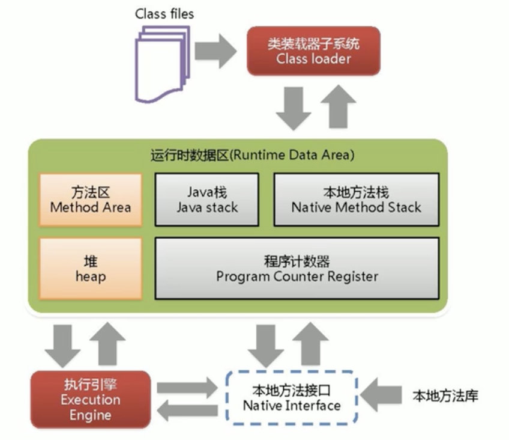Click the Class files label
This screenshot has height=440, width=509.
click(164, 13)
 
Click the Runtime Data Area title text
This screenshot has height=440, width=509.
click(252, 154)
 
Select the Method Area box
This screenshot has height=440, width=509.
click(91, 200)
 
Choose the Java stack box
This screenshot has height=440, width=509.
click(206, 200)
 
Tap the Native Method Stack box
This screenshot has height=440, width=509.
click(356, 200)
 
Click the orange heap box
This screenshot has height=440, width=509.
click(91, 269)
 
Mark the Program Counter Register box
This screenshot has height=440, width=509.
click(297, 269)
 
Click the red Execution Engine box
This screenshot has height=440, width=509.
click(91, 399)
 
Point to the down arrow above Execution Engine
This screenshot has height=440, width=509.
click(62, 344)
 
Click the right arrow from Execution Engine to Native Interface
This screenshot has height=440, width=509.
click(187, 387)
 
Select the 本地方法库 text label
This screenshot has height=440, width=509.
click(445, 396)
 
